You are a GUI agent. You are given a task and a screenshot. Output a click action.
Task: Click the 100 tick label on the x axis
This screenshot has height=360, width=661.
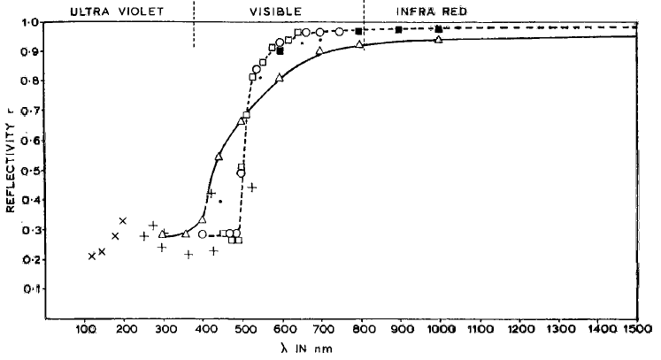85,330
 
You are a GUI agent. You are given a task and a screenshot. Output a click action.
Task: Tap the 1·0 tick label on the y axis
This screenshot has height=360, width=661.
29,23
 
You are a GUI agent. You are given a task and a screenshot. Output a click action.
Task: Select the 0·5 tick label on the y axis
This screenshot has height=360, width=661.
29,171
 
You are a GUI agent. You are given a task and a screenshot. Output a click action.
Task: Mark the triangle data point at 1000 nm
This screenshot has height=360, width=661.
439,40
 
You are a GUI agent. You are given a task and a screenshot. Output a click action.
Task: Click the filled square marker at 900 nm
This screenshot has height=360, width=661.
399,30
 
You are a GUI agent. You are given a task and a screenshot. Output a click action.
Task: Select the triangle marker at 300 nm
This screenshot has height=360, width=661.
163,234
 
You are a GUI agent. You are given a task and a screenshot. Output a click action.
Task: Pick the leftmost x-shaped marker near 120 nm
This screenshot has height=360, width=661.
92,257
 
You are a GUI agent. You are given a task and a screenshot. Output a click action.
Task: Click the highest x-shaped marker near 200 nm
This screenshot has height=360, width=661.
123,220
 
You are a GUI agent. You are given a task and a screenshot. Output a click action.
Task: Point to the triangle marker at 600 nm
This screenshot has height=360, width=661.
280,78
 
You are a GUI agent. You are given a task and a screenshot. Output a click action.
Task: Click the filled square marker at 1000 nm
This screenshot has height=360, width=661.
439,29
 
